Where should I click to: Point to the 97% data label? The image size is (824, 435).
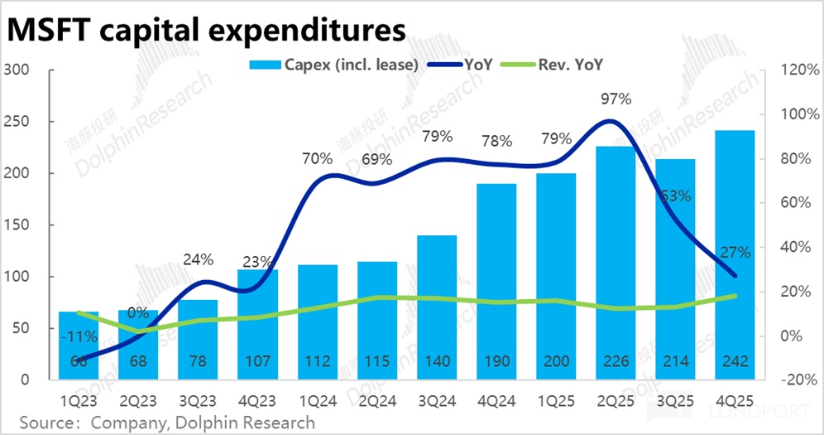[x=615, y=99]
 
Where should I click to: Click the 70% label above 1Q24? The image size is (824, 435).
[x=317, y=157]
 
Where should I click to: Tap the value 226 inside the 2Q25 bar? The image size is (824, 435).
[x=615, y=361]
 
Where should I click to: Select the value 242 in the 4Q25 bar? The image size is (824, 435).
[x=735, y=361]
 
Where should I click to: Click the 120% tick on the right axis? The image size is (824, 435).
[x=793, y=70]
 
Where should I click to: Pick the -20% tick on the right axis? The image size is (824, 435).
[x=793, y=380]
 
